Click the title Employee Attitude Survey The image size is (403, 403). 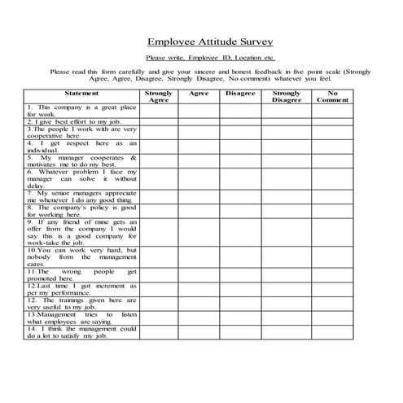point(210,42)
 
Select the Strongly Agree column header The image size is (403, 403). point(159,97)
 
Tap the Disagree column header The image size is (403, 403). point(240,94)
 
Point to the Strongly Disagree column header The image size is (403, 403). point(287,97)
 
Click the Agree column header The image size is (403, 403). point(199,94)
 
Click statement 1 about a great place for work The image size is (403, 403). point(81,111)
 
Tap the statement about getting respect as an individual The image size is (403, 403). point(81,147)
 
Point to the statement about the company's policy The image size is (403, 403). point(81,211)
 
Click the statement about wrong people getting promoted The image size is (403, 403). point(81,274)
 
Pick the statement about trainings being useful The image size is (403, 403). point(81,303)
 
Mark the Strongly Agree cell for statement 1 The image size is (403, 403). point(159,111)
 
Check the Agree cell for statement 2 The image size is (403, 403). point(199,121)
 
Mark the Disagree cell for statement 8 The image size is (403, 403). point(240,211)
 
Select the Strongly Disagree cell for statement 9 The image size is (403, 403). point(287,232)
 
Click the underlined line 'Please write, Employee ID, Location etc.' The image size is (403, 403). point(210,59)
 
